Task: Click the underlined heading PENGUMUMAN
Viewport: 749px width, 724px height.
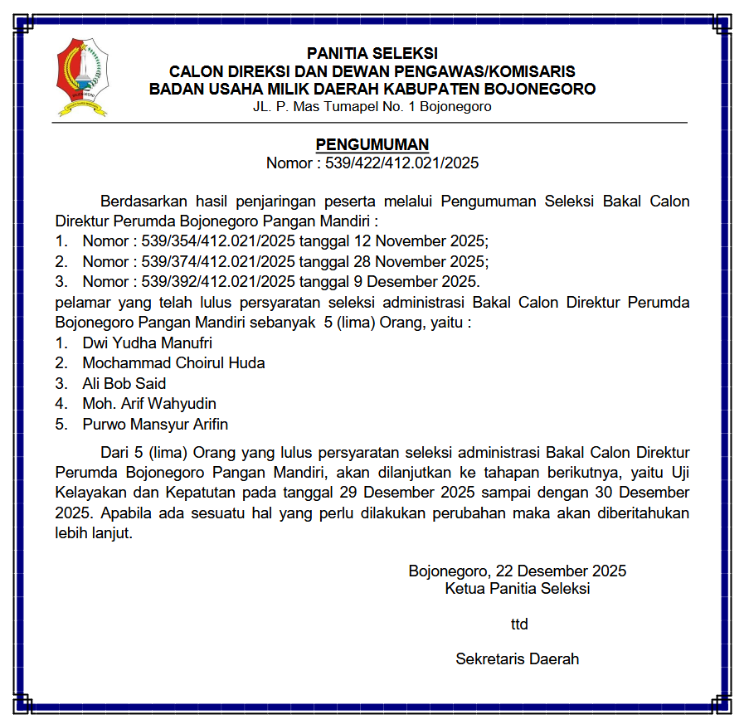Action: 372,145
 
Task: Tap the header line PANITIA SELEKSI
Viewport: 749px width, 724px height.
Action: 372,54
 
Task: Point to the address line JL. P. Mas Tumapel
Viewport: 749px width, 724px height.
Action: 372,106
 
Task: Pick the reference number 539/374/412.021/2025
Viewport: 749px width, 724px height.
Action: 218,261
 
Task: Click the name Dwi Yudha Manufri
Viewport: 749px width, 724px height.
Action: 141,343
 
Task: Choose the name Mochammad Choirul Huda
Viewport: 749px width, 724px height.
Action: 173,362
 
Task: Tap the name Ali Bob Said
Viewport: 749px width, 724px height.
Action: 124,383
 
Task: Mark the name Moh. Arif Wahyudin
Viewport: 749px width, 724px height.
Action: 149,404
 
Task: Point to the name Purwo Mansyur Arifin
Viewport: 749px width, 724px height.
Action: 155,424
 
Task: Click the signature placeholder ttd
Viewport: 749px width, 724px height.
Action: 519,624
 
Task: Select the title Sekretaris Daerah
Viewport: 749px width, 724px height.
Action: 517,659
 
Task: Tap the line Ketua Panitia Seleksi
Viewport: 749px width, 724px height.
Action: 518,589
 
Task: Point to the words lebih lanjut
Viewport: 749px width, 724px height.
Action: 94,533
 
